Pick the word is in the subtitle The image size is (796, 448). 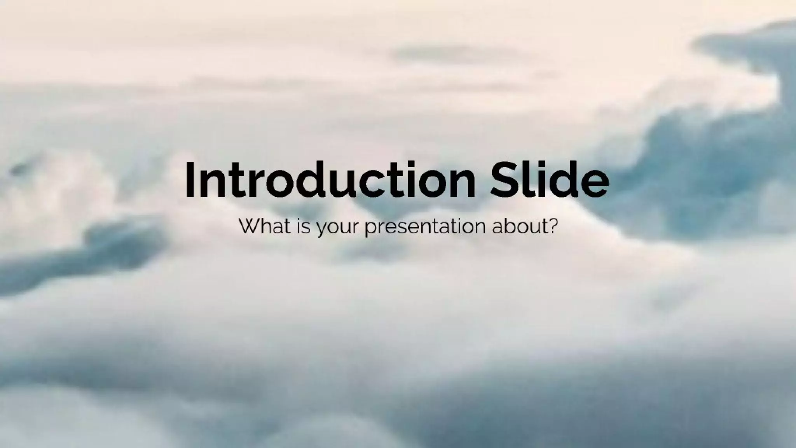304,226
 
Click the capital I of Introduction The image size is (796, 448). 189,180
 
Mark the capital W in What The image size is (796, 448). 249,226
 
